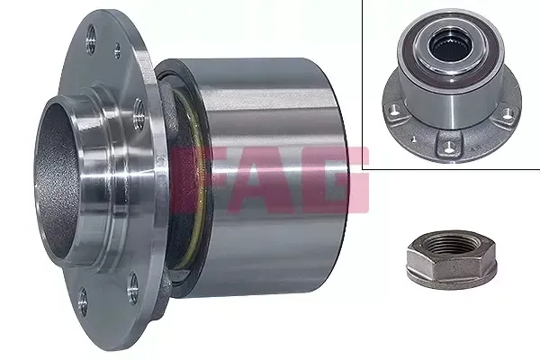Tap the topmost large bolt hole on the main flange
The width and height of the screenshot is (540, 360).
coord(91,39)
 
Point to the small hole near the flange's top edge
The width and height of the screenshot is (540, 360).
coord(117,51)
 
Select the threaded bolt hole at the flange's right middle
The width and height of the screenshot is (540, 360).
coord(139,114)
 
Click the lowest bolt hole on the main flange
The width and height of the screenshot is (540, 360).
coord(83,302)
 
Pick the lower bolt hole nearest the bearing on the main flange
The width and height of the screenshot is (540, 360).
coord(133,288)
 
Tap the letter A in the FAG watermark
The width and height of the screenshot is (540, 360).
coord(263,179)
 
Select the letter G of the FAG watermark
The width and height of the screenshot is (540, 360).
coord(336,179)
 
